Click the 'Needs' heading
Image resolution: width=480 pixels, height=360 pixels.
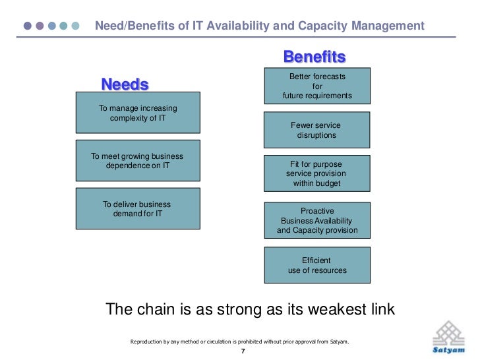click(125, 85)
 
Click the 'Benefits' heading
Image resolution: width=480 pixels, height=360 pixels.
click(315, 57)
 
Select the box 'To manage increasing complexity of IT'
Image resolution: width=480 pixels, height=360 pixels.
click(138, 115)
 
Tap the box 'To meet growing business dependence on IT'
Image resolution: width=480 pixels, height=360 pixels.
click(138, 160)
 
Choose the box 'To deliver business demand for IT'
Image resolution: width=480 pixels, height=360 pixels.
click(138, 208)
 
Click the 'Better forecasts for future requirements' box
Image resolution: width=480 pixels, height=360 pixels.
click(317, 86)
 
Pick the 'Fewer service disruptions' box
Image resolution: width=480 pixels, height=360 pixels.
click(317, 130)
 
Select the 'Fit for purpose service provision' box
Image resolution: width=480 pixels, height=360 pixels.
click(317, 173)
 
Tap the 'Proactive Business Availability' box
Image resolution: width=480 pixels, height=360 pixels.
click(317, 220)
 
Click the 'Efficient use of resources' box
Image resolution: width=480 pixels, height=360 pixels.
click(317, 265)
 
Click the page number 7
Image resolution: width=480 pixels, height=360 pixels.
click(243, 351)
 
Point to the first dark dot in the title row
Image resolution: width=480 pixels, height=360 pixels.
click(28, 26)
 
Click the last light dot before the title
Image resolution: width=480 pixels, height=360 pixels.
click(76, 26)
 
